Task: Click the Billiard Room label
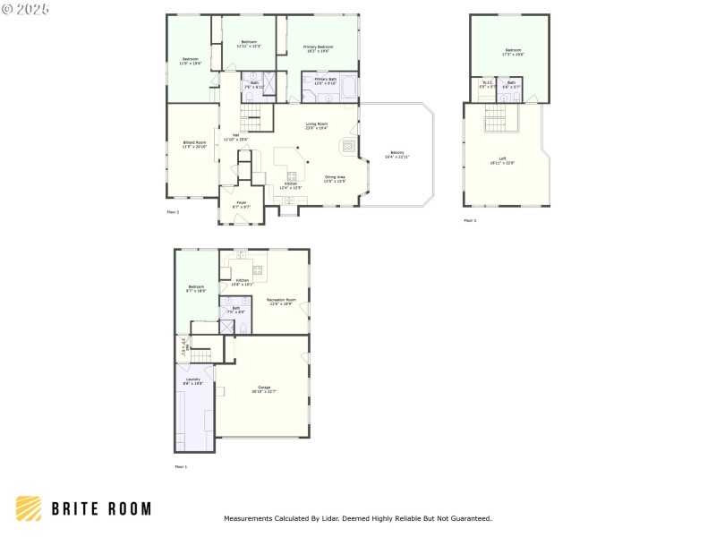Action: [x=194, y=144]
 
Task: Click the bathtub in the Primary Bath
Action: [x=347, y=88]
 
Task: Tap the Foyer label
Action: [x=242, y=204]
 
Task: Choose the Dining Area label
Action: [x=336, y=179]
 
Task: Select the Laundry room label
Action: [x=193, y=380]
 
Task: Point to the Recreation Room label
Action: [x=281, y=302]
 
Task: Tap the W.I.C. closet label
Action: [x=487, y=84]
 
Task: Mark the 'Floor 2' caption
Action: [x=173, y=212]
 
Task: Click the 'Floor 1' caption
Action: [x=181, y=466]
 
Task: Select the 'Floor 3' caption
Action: [x=470, y=220]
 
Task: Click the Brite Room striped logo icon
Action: [x=29, y=508]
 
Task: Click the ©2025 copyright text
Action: [x=26, y=8]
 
